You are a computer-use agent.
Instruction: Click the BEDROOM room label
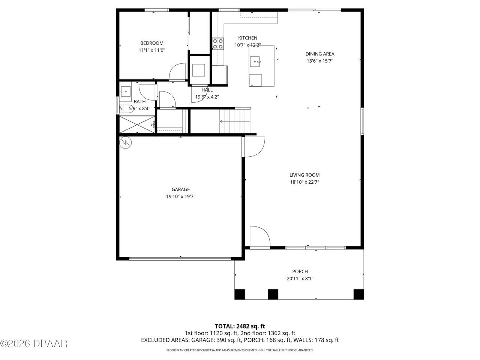pyautogui.click(x=151, y=43)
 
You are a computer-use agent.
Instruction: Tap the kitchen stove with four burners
pyautogui.click(x=218, y=44)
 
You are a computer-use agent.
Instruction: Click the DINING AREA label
pyautogui.click(x=319, y=54)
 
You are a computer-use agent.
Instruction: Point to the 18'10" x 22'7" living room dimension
pyautogui.click(x=304, y=182)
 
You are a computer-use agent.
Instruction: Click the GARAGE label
pyautogui.click(x=180, y=189)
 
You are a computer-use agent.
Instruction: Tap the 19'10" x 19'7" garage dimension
pyautogui.click(x=180, y=196)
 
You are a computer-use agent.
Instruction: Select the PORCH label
pyautogui.click(x=300, y=271)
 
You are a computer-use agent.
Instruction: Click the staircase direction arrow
pyautogui.click(x=222, y=121)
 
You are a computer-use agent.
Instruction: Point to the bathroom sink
pyautogui.click(x=125, y=91)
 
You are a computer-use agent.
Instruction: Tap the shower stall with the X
pyautogui.click(x=136, y=124)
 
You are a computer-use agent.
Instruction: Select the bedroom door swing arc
pyautogui.click(x=177, y=72)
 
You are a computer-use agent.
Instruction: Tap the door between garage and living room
pyautogui.click(x=254, y=147)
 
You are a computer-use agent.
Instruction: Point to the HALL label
pyautogui.click(x=207, y=90)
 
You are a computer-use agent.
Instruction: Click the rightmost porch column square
pyautogui.click(x=358, y=294)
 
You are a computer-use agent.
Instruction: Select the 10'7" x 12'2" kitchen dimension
pyautogui.click(x=247, y=45)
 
